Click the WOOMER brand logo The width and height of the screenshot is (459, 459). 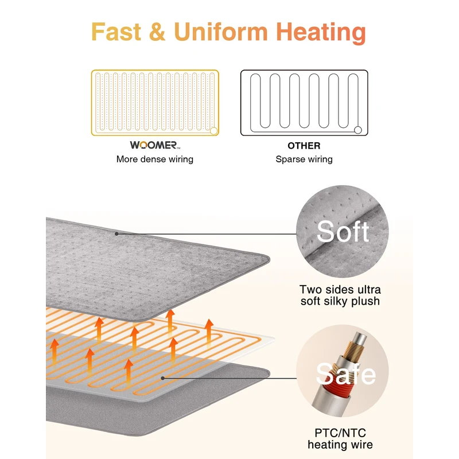[x=154, y=146]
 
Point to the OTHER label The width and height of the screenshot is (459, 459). [x=304, y=146]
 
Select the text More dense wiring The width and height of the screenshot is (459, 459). [x=155, y=160]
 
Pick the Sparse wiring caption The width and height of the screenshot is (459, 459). [x=304, y=160]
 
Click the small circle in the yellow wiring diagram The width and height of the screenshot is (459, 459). [x=213, y=131]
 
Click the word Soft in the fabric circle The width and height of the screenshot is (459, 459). [x=343, y=232]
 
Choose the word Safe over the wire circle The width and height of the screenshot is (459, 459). [x=345, y=374]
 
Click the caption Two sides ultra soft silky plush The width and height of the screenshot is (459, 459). [x=340, y=295]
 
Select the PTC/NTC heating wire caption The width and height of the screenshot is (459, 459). [x=340, y=438]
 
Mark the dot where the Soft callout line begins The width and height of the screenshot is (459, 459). [x=116, y=234]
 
